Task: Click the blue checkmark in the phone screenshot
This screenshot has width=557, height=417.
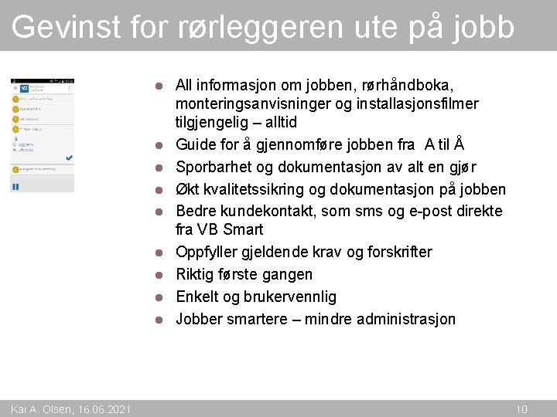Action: pyautogui.click(x=69, y=158)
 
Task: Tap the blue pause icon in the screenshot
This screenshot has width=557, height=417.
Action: pyautogui.click(x=15, y=186)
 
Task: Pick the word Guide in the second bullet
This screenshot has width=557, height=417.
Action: pyautogui.click(x=194, y=144)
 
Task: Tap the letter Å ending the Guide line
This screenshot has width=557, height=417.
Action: pyautogui.click(x=458, y=144)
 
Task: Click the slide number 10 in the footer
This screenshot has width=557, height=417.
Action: pyautogui.click(x=521, y=409)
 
